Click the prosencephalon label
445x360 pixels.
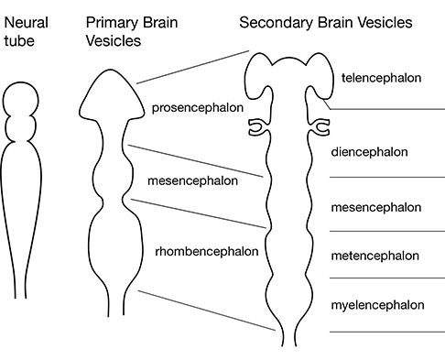pos(198,108)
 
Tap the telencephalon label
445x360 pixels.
pos(381,78)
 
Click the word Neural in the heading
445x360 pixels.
pos(23,21)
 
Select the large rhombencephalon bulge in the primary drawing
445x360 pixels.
pos(112,245)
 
